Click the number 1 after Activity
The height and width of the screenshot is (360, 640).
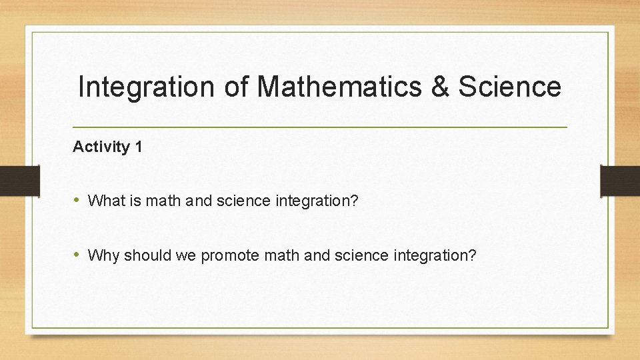click(138, 147)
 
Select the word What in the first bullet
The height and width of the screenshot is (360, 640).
click(103, 200)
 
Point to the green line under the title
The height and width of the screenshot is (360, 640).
click(320, 127)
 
